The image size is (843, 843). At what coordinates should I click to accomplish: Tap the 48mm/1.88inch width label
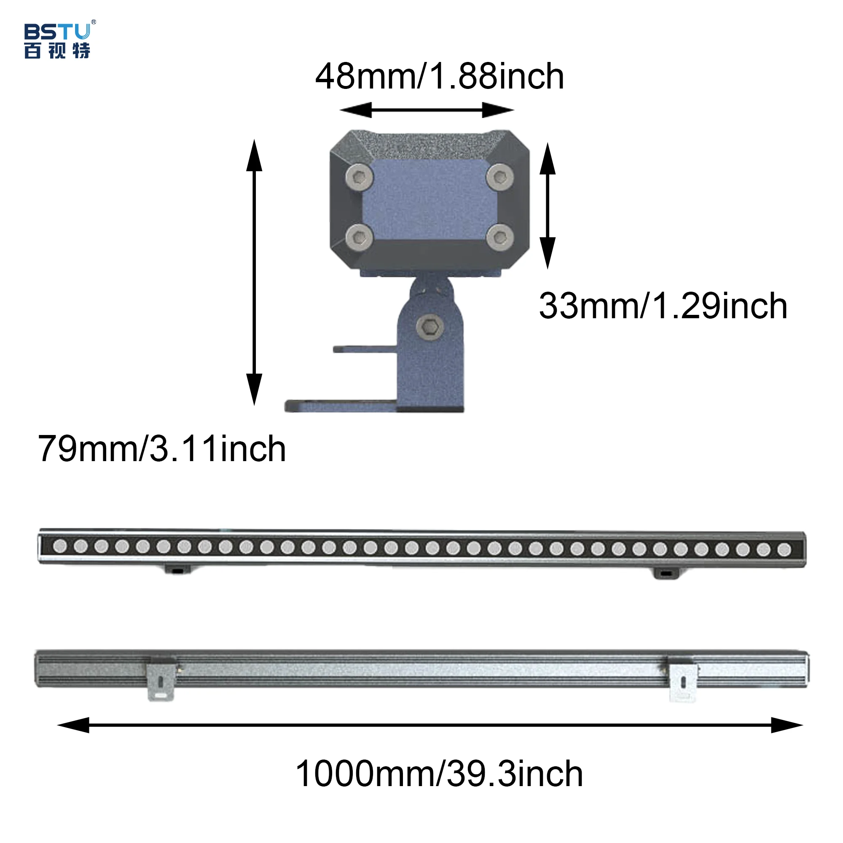pyautogui.click(x=439, y=76)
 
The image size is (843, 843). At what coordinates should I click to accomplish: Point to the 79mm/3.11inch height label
pyautogui.click(x=162, y=448)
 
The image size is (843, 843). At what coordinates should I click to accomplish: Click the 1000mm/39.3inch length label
pyautogui.click(x=439, y=773)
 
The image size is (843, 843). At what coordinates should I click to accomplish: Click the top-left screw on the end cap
pyautogui.click(x=359, y=177)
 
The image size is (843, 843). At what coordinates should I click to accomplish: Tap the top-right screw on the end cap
pyautogui.click(x=500, y=177)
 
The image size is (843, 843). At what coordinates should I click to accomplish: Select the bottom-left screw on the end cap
pyautogui.click(x=359, y=237)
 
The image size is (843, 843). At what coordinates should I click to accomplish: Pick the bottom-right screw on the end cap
pyautogui.click(x=500, y=237)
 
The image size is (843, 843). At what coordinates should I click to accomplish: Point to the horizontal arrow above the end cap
pyautogui.click(x=427, y=110)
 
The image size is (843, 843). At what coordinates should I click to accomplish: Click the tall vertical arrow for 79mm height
pyautogui.click(x=254, y=272)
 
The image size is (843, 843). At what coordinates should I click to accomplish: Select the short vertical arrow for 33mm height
pyautogui.click(x=548, y=205)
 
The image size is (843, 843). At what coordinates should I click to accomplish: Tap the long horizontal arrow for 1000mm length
pyautogui.click(x=430, y=725)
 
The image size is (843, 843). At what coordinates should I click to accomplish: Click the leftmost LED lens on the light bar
pyautogui.click(x=60, y=546)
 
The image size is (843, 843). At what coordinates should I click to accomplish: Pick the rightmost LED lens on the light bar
pyautogui.click(x=784, y=549)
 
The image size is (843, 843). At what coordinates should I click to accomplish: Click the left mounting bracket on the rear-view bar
pyautogui.click(x=161, y=679)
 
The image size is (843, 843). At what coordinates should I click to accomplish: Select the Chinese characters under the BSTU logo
pyautogui.click(x=57, y=51)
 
